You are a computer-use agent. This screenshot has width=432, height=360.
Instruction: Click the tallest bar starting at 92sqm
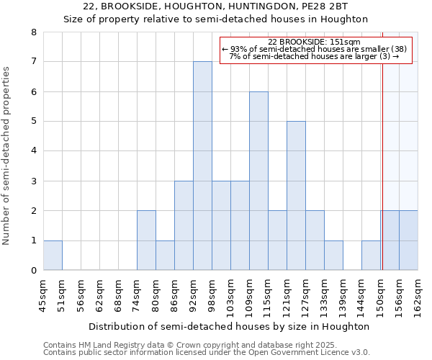202,166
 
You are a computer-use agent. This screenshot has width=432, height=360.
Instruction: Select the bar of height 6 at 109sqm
258,181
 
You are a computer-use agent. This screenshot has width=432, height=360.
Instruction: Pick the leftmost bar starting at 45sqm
53,256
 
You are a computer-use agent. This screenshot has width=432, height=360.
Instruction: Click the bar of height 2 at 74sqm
146,240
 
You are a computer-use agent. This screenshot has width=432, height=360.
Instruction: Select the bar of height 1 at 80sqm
165,256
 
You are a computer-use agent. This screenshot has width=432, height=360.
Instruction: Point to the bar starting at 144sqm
371,256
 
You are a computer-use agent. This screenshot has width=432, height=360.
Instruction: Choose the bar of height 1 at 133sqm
333,256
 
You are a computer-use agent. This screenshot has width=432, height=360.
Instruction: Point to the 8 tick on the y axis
33,32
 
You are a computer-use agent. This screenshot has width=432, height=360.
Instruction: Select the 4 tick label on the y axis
33,151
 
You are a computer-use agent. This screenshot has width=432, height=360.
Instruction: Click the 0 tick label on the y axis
33,271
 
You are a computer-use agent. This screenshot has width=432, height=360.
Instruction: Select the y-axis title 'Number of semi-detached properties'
7,155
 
